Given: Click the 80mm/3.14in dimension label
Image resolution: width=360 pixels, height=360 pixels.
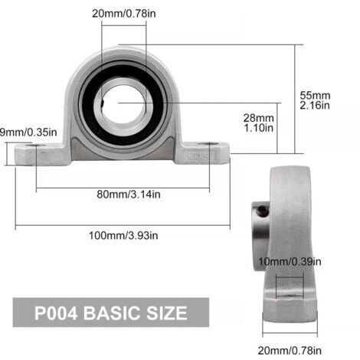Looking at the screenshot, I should click(123, 195).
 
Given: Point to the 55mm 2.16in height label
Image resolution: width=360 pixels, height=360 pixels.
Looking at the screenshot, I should click(315, 100).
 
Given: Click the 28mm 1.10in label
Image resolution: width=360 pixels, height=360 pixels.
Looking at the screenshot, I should click(259, 123).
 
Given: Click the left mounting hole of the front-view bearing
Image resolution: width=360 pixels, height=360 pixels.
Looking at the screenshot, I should click(34, 145).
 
